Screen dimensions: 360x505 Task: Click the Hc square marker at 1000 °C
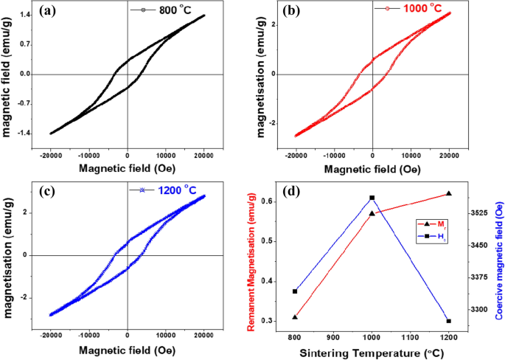(372, 198)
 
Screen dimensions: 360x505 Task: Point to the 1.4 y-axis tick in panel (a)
(24, 15)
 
